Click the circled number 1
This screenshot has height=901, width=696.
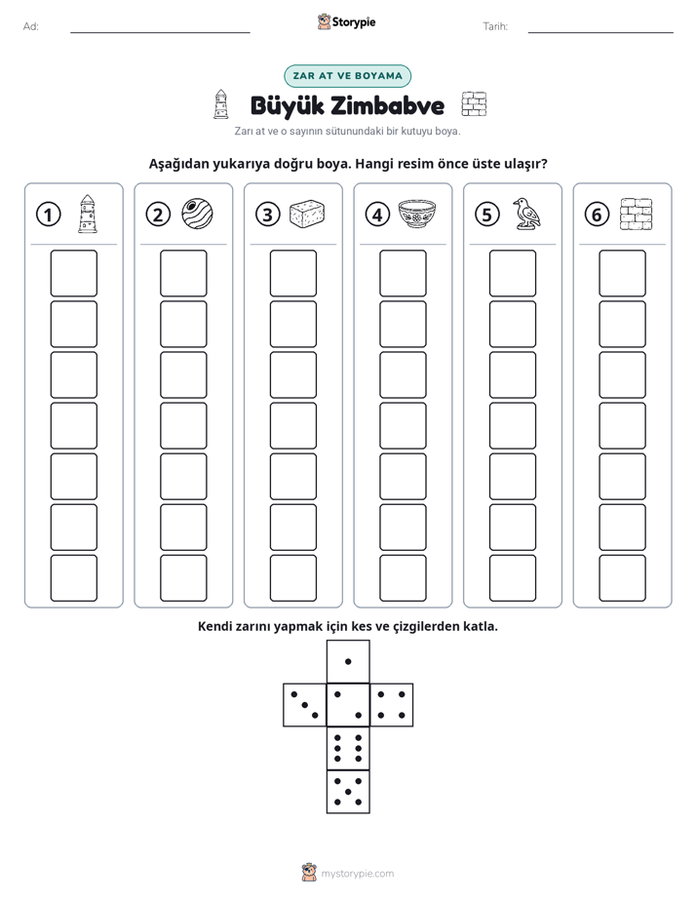[x=48, y=215]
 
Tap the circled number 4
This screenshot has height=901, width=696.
[x=377, y=215]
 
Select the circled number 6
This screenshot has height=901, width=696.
[x=597, y=215]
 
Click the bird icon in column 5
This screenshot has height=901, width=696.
[x=526, y=214]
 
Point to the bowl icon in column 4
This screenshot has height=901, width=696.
[x=417, y=214]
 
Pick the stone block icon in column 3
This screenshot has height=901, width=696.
[x=307, y=214]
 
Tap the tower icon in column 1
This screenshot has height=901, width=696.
[x=88, y=214]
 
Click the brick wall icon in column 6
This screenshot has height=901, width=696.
[x=637, y=215]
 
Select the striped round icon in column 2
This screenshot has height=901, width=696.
[x=198, y=214]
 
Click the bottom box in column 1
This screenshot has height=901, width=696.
[x=73, y=578]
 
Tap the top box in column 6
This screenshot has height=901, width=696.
[x=623, y=273]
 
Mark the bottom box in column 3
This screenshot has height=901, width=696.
[x=292, y=578]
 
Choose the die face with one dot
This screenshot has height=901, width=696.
[x=348, y=661]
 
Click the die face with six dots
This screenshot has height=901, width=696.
[x=348, y=748]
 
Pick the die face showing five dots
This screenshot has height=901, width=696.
[x=348, y=792]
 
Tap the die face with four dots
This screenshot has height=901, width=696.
[x=392, y=704]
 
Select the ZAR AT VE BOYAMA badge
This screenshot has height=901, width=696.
[x=347, y=76]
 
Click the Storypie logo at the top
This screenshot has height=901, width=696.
[x=346, y=21]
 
